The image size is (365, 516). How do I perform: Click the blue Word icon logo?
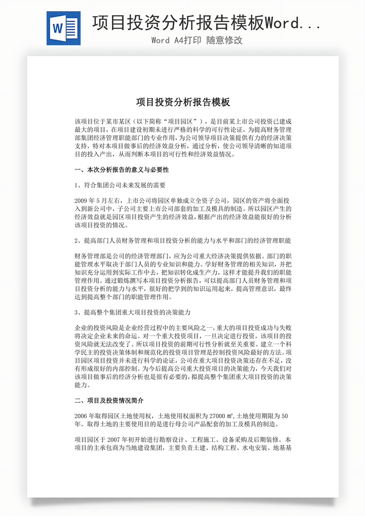pos(63,28)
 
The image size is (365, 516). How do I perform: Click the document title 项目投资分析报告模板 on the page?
pos(182,103)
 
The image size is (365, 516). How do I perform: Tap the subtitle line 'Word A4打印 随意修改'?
pos(197,40)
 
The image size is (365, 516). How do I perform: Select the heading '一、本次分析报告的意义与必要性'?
pos(122,170)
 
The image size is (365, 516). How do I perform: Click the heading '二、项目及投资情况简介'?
pos(109,401)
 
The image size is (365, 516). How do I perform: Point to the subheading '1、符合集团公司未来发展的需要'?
pos(120,185)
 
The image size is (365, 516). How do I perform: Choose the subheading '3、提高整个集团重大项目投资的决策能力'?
pos(132,312)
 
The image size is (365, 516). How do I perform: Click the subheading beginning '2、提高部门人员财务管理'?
pos(182,240)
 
